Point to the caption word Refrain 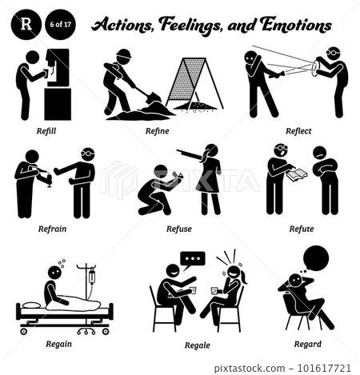point(53,228)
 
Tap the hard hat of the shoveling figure point(123,55)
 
